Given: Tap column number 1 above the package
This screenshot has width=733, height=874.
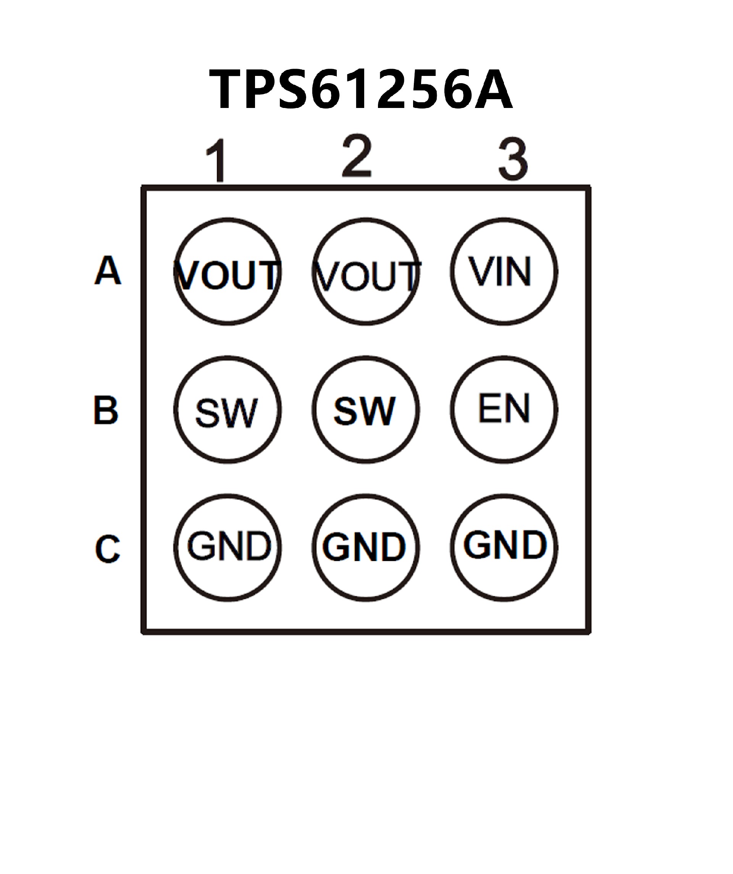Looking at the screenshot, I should [217, 161].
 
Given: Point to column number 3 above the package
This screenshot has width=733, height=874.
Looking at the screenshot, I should [513, 160].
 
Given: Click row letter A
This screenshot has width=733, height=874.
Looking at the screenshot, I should [108, 270].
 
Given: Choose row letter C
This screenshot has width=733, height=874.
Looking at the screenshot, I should [108, 549].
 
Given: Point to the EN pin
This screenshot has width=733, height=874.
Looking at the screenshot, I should [504, 409].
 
